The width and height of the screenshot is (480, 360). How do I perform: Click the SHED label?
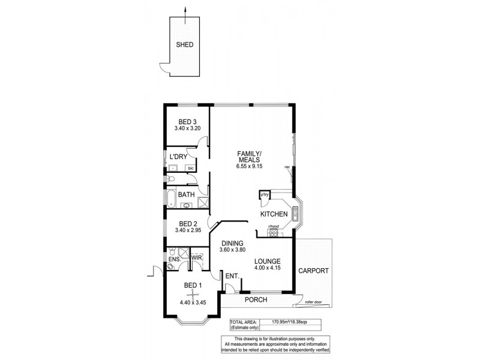pos(185,44)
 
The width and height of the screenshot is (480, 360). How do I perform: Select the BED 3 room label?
pos(187,122)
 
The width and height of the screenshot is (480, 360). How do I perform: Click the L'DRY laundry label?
pos(178,157)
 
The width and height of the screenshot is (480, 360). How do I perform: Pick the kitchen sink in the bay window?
pos(295,213)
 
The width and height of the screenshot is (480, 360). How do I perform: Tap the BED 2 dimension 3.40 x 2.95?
pos(187,230)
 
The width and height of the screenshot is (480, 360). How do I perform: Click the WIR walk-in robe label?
pos(197,258)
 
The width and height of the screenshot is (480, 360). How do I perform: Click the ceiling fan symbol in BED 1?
pos(191,293)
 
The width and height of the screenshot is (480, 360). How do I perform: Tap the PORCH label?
pos(256,300)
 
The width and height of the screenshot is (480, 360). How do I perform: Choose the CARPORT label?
pos(313,271)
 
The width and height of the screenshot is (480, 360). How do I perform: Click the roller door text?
pos(314,303)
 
